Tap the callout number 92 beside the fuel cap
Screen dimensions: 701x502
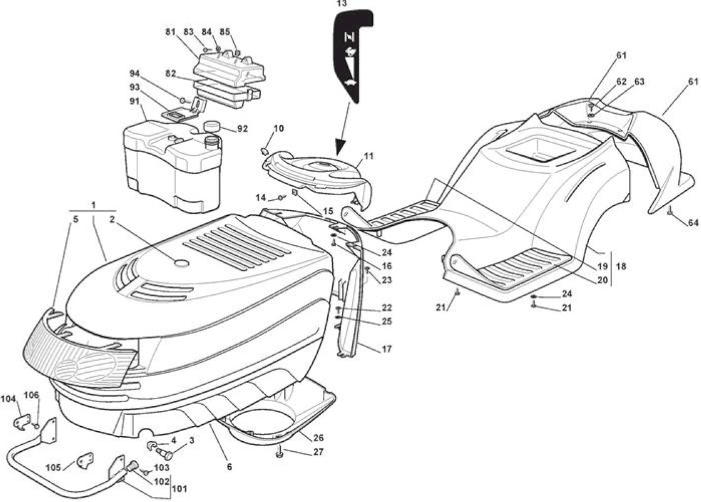(242, 129)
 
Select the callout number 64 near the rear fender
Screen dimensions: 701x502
(693, 222)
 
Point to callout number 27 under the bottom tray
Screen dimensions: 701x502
(319, 452)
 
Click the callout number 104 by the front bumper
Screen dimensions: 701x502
(9, 398)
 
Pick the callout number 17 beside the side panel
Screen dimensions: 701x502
(387, 349)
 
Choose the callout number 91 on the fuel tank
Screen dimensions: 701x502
(135, 101)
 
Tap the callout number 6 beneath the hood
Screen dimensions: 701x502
(229, 467)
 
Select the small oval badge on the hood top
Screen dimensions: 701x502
(181, 263)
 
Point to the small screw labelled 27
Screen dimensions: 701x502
(280, 454)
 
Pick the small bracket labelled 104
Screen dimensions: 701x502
(23, 422)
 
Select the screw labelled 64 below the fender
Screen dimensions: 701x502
(670, 210)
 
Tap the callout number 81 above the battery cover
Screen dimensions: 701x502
(170, 32)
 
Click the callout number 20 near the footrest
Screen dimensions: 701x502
(603, 280)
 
